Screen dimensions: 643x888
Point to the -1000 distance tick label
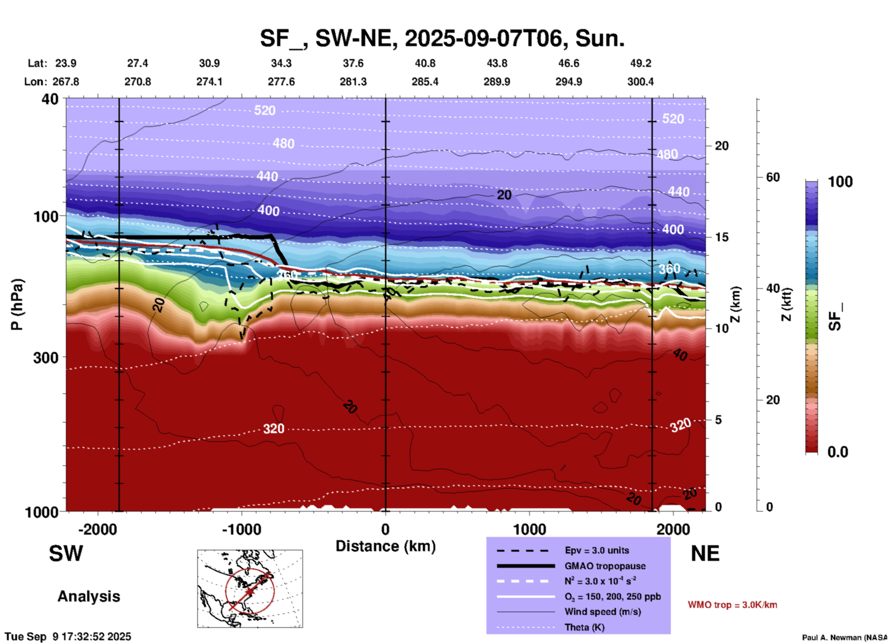coord(241,530)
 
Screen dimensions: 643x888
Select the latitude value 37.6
coord(353,63)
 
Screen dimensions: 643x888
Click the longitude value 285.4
coord(425,82)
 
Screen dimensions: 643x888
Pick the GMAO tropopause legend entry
coord(605,566)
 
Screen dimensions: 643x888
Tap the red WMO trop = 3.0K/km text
coord(732,605)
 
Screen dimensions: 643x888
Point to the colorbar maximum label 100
coord(840,182)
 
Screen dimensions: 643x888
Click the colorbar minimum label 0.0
coord(838,452)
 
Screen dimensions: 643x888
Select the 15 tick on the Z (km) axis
coord(722,237)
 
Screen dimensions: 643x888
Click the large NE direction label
coord(705,554)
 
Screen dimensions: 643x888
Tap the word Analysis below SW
coord(89,596)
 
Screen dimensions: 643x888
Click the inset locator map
coord(250,588)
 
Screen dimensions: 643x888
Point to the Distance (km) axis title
coord(385,546)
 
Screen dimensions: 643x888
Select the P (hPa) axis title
coord(17,304)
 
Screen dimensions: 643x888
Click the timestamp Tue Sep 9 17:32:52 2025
coord(68,637)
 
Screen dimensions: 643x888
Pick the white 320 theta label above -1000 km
coord(273,429)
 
